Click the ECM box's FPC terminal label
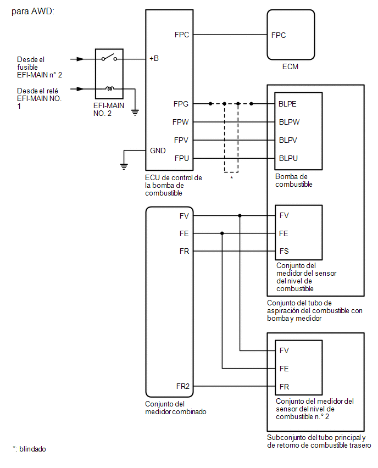[x=278, y=35]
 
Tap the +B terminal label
[x=154, y=58]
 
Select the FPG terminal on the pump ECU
[x=181, y=104]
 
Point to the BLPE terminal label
[x=287, y=104]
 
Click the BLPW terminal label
[x=289, y=122]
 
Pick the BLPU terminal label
[x=288, y=158]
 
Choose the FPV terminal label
[x=181, y=140]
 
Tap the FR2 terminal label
[x=183, y=386]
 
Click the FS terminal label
[x=284, y=251]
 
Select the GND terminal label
[x=158, y=151]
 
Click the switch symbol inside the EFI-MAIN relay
[x=109, y=57]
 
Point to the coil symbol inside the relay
[x=109, y=88]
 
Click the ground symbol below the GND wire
[x=124, y=167]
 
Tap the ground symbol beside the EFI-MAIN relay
[x=135, y=113]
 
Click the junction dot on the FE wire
[x=222, y=233]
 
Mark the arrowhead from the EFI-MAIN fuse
[x=80, y=59]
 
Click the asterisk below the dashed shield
[x=231, y=178]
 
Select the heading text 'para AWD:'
[x=33, y=12]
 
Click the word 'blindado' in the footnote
[x=32, y=449]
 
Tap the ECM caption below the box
[x=290, y=66]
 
